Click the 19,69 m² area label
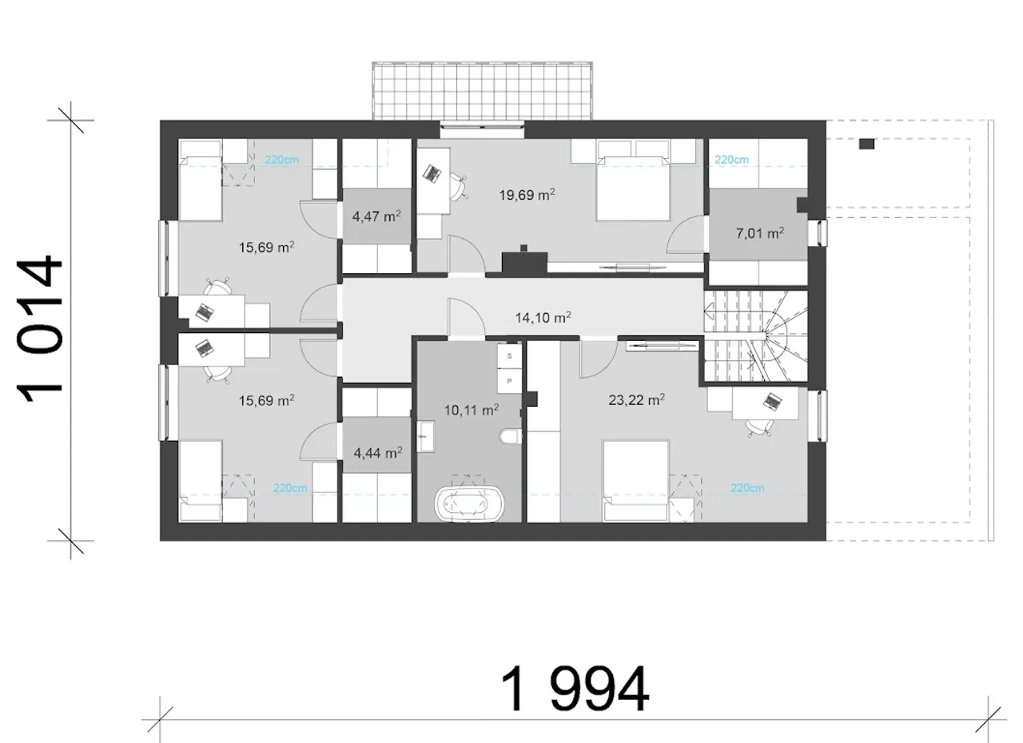[527, 195]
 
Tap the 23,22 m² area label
[636, 399]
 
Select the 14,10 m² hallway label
[543, 317]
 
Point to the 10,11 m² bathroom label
[472, 410]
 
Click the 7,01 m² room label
[760, 233]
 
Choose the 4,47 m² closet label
[376, 216]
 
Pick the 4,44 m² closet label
[378, 453]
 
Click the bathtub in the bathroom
[469, 504]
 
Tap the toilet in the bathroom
[511, 436]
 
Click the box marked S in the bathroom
[509, 356]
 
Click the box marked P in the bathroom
[509, 380]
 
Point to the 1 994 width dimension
[575, 689]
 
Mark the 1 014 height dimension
[39, 329]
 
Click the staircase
[756, 336]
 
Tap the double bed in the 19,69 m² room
[633, 188]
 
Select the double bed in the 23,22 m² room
[636, 481]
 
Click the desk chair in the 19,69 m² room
[458, 185]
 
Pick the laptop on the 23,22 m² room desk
[771, 401]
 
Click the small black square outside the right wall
[866, 144]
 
